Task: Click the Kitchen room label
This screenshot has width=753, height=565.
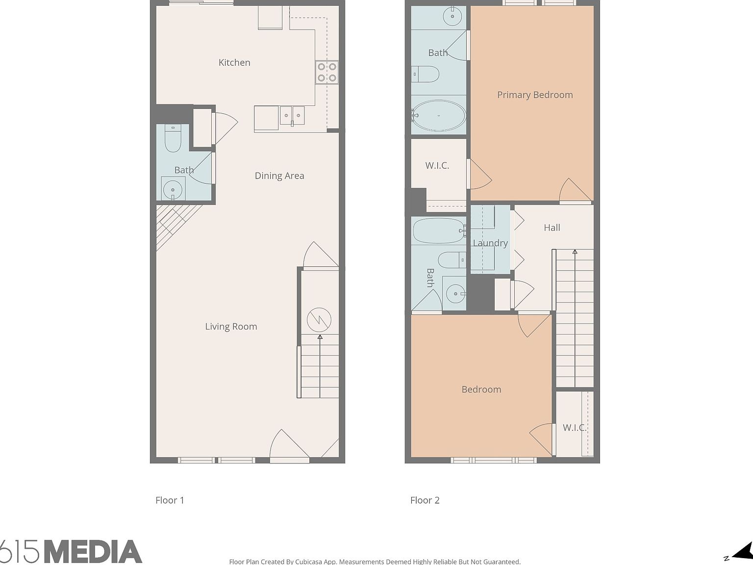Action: click(234, 62)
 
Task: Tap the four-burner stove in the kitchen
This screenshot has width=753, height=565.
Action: click(326, 72)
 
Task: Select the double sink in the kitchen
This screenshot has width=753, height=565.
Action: click(292, 116)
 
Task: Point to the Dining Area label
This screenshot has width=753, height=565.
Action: click(279, 176)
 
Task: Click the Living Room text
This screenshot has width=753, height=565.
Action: click(231, 327)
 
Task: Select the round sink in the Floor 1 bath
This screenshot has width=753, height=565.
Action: click(173, 189)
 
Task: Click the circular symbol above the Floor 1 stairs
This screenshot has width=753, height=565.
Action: click(319, 320)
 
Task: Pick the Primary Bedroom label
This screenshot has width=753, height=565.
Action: click(535, 95)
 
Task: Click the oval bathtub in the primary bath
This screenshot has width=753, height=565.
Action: click(438, 116)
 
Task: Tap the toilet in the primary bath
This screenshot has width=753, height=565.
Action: click(426, 75)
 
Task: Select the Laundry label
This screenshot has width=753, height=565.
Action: click(490, 243)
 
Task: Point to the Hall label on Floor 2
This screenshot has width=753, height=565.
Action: click(552, 228)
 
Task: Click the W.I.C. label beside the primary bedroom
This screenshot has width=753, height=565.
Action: click(437, 165)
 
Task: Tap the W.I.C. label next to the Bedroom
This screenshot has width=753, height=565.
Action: click(574, 428)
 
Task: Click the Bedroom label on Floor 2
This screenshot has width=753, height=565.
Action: click(481, 389)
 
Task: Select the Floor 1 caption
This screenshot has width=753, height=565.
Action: click(170, 500)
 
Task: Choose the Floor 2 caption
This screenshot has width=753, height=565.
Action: click(425, 500)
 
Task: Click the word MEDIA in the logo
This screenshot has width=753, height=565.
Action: click(93, 552)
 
